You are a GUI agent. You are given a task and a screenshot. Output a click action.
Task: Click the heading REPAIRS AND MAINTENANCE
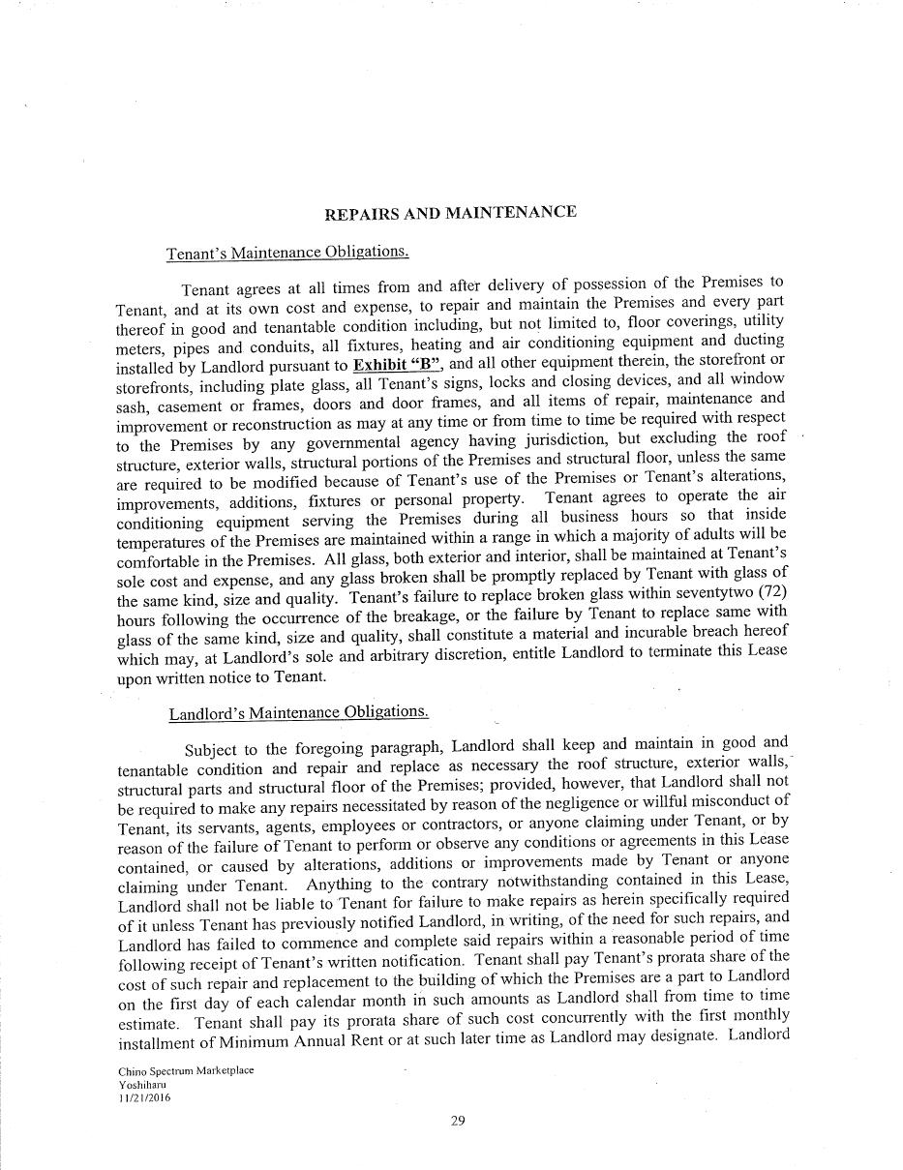[450, 213]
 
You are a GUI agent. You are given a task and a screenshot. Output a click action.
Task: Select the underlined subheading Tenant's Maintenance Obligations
[287, 253]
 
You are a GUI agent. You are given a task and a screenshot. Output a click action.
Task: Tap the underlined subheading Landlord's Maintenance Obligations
[298, 713]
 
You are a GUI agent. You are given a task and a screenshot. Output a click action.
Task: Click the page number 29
[458, 1122]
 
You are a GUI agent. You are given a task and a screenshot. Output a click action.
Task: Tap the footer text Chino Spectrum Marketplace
[186, 1071]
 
